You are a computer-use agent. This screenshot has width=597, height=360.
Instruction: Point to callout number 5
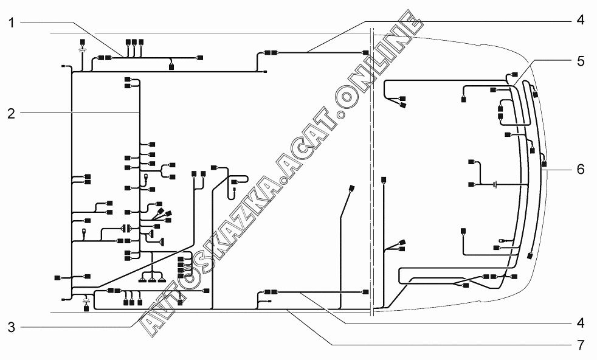tap(581, 61)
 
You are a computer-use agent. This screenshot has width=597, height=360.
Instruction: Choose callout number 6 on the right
tap(581, 169)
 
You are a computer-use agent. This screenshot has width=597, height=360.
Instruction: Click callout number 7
tap(581, 345)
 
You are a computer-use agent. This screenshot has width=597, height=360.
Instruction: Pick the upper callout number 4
tap(581, 20)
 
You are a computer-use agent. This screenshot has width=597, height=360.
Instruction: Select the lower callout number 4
tap(581, 322)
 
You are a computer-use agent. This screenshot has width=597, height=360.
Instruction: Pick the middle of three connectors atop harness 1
tap(134, 43)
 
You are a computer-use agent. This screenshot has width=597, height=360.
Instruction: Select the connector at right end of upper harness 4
tap(365, 54)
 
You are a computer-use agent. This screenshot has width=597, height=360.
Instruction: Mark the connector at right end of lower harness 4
tap(365, 292)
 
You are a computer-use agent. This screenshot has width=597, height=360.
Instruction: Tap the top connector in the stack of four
tap(181, 260)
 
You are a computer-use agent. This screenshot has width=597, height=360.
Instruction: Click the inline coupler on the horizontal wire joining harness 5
tap(496, 184)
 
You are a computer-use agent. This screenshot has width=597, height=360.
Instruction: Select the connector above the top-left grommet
tap(81, 43)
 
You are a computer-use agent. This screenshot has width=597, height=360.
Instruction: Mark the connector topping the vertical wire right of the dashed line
tap(383, 179)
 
